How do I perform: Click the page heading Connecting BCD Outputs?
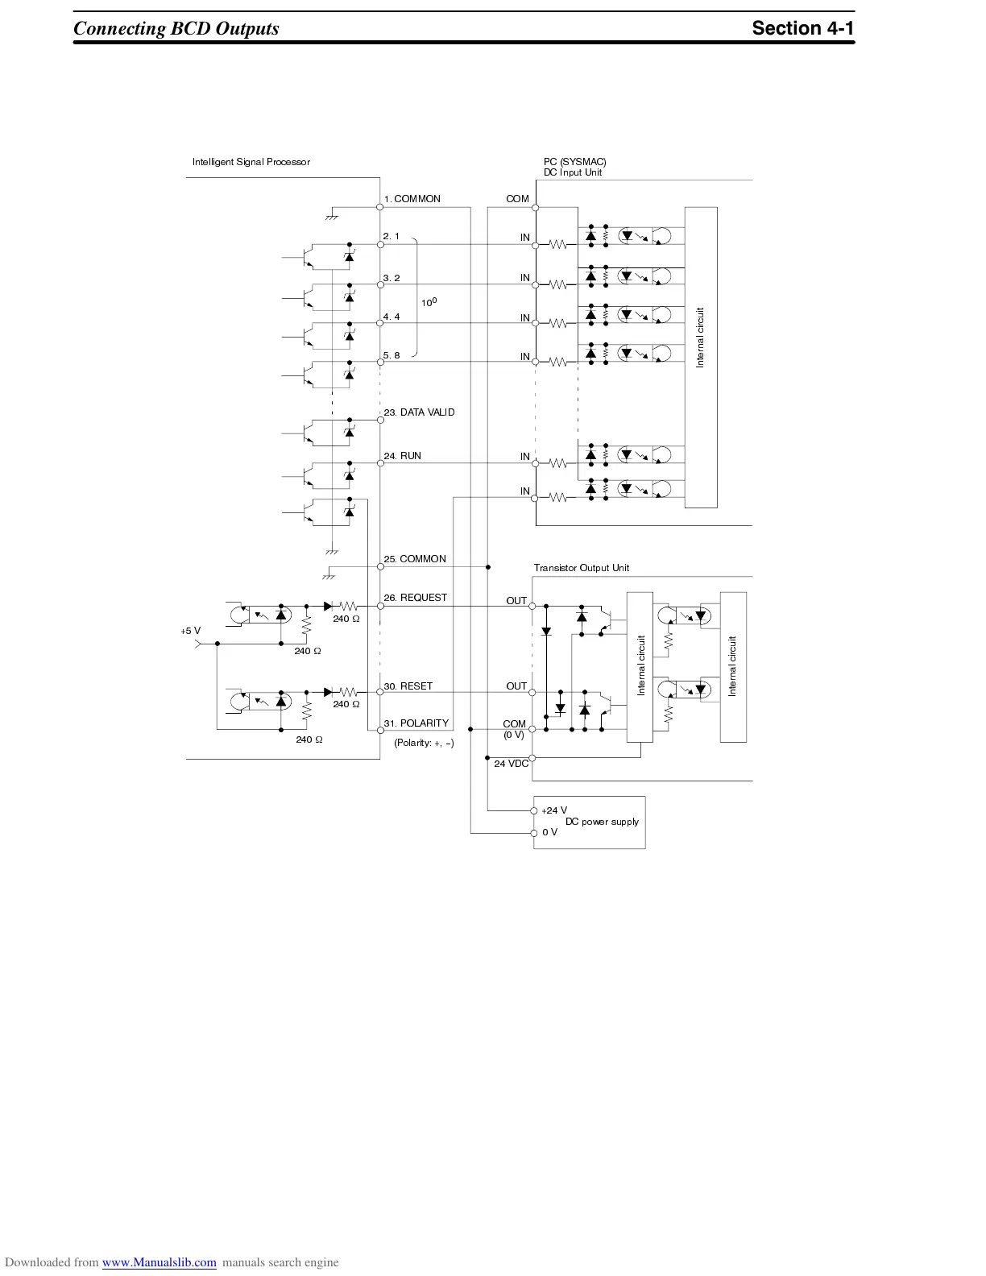tap(176, 28)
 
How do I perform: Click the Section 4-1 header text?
tap(802, 28)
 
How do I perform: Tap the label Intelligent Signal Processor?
tap(251, 162)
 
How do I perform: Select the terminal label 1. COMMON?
tap(412, 199)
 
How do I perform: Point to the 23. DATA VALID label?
tap(419, 412)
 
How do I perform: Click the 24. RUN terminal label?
tap(402, 456)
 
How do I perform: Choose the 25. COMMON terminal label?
tap(414, 559)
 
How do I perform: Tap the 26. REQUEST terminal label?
tap(415, 598)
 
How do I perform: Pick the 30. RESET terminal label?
tap(408, 686)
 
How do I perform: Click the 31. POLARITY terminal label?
tap(416, 723)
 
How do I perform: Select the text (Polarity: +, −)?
tap(424, 743)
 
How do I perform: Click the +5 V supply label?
tap(190, 631)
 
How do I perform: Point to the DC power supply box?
tap(589, 822)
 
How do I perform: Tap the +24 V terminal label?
tap(554, 810)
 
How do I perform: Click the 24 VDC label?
tap(511, 764)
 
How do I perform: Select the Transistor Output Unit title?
tap(581, 568)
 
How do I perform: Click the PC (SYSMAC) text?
tap(574, 162)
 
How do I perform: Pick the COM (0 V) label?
tap(514, 729)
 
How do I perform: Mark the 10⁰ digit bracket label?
tap(429, 302)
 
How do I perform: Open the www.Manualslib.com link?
tap(159, 1262)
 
